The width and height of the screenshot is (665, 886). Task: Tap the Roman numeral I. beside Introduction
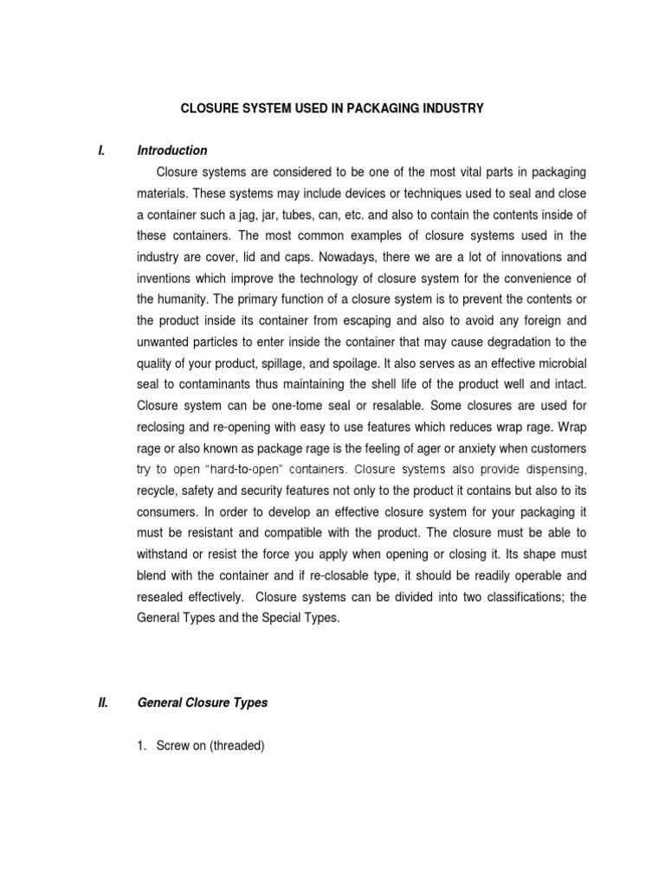102,151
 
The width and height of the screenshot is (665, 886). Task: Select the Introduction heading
172,151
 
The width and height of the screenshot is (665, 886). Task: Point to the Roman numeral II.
103,703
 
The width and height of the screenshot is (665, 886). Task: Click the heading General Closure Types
203,703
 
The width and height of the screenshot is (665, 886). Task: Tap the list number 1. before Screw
143,746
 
